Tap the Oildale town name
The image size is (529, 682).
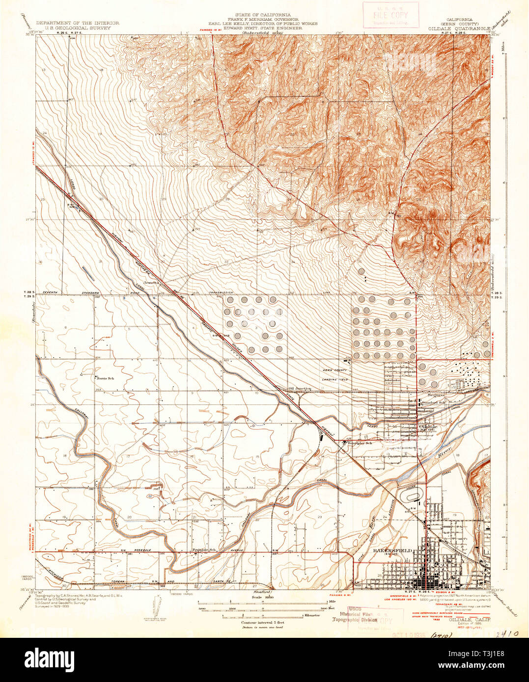coord(428,426)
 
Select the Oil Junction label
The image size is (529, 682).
coord(300,388)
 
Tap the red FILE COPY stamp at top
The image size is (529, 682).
coord(390,15)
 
